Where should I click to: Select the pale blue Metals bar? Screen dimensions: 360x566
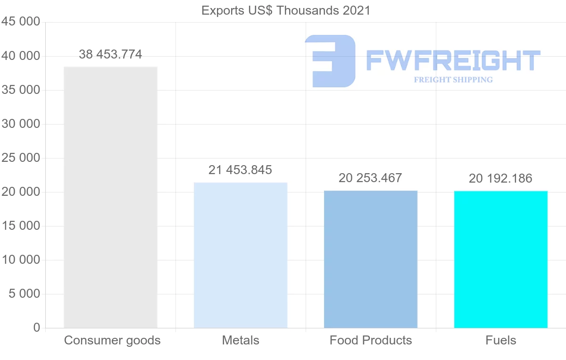pyautogui.click(x=241, y=255)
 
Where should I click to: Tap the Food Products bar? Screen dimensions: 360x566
pyautogui.click(x=371, y=259)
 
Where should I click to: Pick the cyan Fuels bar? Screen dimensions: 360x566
pyautogui.click(x=500, y=259)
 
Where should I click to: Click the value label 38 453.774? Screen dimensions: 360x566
pyautogui.click(x=110, y=55)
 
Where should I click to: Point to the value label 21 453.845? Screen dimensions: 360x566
pyautogui.click(x=241, y=170)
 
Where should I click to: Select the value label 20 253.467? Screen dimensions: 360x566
pyautogui.click(x=371, y=178)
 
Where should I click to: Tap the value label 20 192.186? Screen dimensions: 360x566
pyautogui.click(x=500, y=178)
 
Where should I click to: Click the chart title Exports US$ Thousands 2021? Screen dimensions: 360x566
pyautogui.click(x=286, y=10)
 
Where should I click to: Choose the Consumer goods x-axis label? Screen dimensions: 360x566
pyautogui.click(x=112, y=340)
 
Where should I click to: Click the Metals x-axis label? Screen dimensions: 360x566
pyautogui.click(x=241, y=340)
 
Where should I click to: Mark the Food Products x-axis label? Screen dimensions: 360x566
pyautogui.click(x=371, y=340)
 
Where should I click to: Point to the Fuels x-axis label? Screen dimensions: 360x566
pyautogui.click(x=500, y=340)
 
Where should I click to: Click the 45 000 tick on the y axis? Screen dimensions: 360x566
pyautogui.click(x=20, y=22)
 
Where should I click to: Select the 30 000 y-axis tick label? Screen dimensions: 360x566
pyautogui.click(x=20, y=124)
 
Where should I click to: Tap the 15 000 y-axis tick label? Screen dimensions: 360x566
pyautogui.click(x=20, y=226)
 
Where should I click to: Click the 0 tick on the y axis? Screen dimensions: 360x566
pyautogui.click(x=37, y=328)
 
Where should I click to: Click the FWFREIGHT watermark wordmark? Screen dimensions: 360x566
pyautogui.click(x=453, y=61)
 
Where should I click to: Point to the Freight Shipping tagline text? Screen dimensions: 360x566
pyautogui.click(x=453, y=80)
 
